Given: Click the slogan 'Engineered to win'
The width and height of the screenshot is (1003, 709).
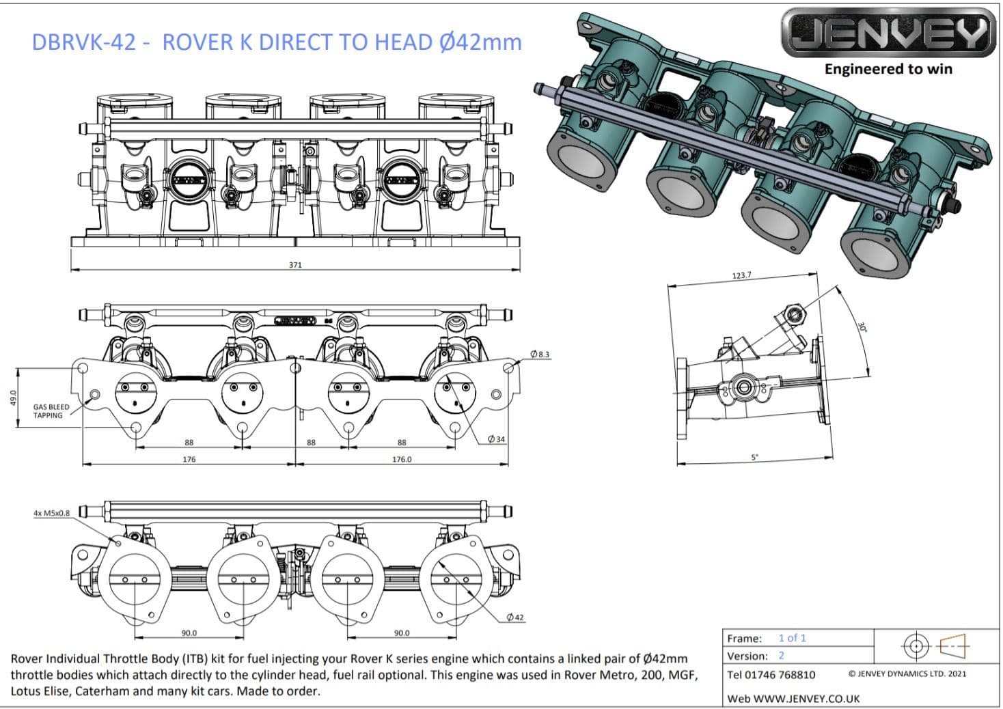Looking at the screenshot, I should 888,68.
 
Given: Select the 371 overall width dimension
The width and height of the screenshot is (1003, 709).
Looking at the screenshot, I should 294,264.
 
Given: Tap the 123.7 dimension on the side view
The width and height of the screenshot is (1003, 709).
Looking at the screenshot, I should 741,275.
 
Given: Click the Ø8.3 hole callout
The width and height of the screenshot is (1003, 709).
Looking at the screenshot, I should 539,354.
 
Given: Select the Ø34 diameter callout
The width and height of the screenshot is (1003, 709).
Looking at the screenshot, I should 497,439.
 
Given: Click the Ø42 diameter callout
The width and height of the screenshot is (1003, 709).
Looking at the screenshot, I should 515,617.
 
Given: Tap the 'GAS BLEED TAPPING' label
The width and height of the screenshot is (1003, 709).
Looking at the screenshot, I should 51,411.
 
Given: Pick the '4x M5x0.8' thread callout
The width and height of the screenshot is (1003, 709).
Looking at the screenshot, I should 51,512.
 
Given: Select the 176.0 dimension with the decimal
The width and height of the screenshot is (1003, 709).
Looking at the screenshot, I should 402,459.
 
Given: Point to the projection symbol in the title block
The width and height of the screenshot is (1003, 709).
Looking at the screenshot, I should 935,644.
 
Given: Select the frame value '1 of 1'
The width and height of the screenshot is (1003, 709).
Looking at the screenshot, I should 792,638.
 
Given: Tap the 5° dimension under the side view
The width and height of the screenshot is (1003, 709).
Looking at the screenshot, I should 754,457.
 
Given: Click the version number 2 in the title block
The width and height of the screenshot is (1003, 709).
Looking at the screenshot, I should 781,656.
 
